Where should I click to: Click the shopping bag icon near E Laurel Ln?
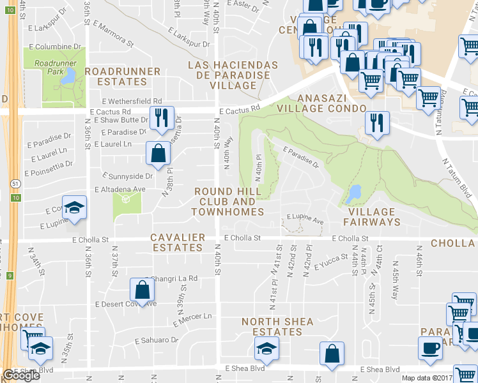coord(158,153)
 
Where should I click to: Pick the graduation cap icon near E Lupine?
coord(75,208)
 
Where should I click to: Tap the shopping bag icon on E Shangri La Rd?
coord(142,290)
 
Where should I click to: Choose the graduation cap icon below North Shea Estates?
coord(266,349)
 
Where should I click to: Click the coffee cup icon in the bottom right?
coord(430,349)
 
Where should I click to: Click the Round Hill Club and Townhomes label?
coord(228,201)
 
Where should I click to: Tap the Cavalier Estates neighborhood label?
coord(177,243)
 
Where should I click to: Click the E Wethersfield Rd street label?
coord(131,101)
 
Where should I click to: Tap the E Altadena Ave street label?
coord(119,190)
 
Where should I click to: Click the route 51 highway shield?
coord(13,183)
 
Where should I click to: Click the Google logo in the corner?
coord(21,375)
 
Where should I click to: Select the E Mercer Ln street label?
coord(191,317)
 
